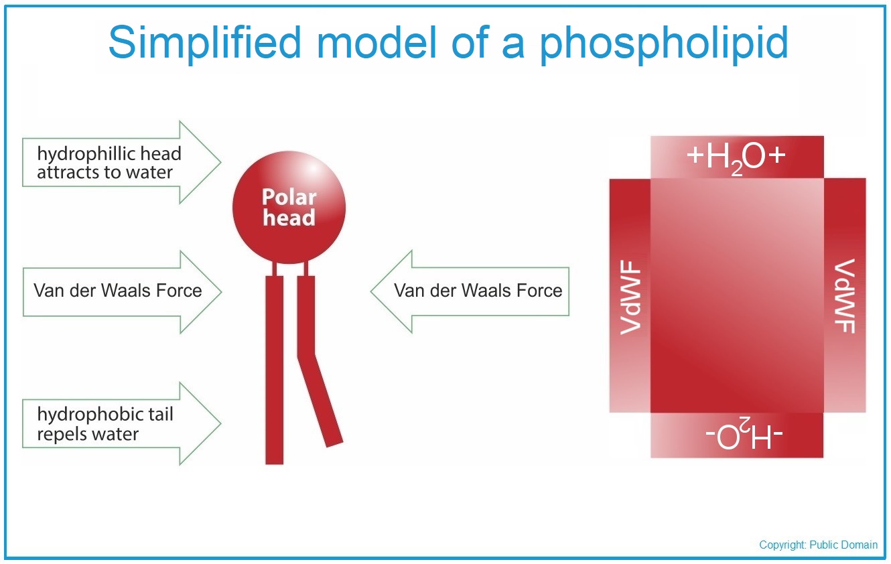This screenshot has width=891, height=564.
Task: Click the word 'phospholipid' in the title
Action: (663, 44)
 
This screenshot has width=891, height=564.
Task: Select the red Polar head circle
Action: (289, 207)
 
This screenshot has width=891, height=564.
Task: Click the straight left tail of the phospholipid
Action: (275, 370)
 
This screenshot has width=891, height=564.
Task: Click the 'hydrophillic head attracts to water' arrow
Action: (121, 162)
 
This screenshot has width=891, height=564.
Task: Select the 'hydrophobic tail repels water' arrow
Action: (121, 423)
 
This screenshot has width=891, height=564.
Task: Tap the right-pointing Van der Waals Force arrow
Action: (122, 292)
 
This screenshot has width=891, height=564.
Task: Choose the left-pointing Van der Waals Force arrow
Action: (470, 291)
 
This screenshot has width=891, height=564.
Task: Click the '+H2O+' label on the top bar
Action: (736, 157)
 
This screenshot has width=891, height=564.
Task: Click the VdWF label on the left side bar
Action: (630, 297)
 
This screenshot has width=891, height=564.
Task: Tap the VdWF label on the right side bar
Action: (845, 296)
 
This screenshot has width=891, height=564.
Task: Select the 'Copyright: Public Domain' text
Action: (818, 545)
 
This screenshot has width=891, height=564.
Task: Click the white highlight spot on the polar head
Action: (313, 170)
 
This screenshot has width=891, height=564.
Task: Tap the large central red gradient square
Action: (737, 295)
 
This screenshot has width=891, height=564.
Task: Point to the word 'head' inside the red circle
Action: (289, 218)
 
